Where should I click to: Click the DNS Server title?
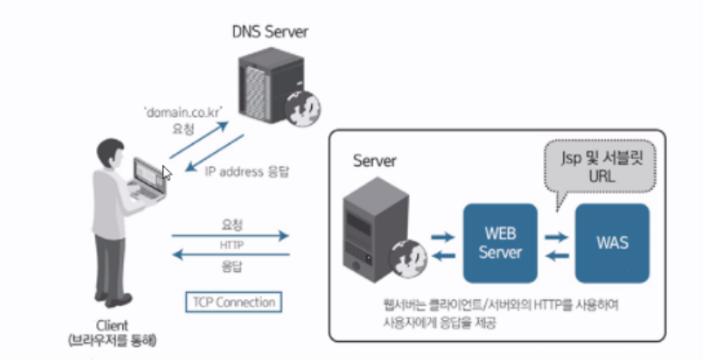[270, 32]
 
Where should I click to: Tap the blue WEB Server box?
[500, 243]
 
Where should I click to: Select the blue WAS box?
[612, 243]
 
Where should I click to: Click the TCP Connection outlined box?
[234, 302]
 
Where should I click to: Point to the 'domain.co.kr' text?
[183, 112]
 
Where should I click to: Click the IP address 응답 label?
[247, 171]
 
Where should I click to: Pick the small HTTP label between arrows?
[232, 245]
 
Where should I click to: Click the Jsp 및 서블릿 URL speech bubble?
[600, 167]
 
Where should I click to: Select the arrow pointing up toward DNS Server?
[199, 140]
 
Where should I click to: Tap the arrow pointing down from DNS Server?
[214, 152]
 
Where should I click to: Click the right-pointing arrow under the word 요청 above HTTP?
[230, 236]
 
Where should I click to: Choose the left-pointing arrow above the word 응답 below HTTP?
[230, 255]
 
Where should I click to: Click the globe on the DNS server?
[303, 108]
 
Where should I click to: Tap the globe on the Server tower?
[408, 258]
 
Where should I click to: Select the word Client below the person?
[112, 326]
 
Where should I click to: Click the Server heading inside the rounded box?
[375, 161]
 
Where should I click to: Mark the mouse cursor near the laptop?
[167, 172]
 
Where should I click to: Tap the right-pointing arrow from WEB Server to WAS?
[557, 238]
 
